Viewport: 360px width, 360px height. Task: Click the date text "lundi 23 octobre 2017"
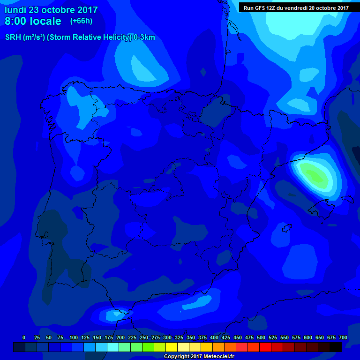(51, 10)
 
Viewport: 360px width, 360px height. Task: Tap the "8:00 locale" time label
(33, 21)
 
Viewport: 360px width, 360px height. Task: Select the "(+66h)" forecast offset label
(81, 21)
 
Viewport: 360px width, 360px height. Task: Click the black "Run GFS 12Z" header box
(296, 7)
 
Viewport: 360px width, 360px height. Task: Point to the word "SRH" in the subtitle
(13, 37)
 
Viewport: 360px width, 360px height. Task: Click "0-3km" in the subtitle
(144, 37)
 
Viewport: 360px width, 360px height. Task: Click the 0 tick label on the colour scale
(24, 337)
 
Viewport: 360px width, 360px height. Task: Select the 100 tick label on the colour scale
(73, 337)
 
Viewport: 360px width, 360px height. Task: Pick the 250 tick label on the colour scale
(144, 337)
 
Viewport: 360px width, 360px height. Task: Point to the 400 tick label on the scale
(214, 337)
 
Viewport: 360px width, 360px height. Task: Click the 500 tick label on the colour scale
(261, 337)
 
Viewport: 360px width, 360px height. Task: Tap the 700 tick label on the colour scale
(343, 337)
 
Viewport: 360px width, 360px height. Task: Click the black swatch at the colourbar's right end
(336, 347)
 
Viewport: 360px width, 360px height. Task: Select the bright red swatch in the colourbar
(265, 347)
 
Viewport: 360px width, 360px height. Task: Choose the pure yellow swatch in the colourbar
(172, 347)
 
